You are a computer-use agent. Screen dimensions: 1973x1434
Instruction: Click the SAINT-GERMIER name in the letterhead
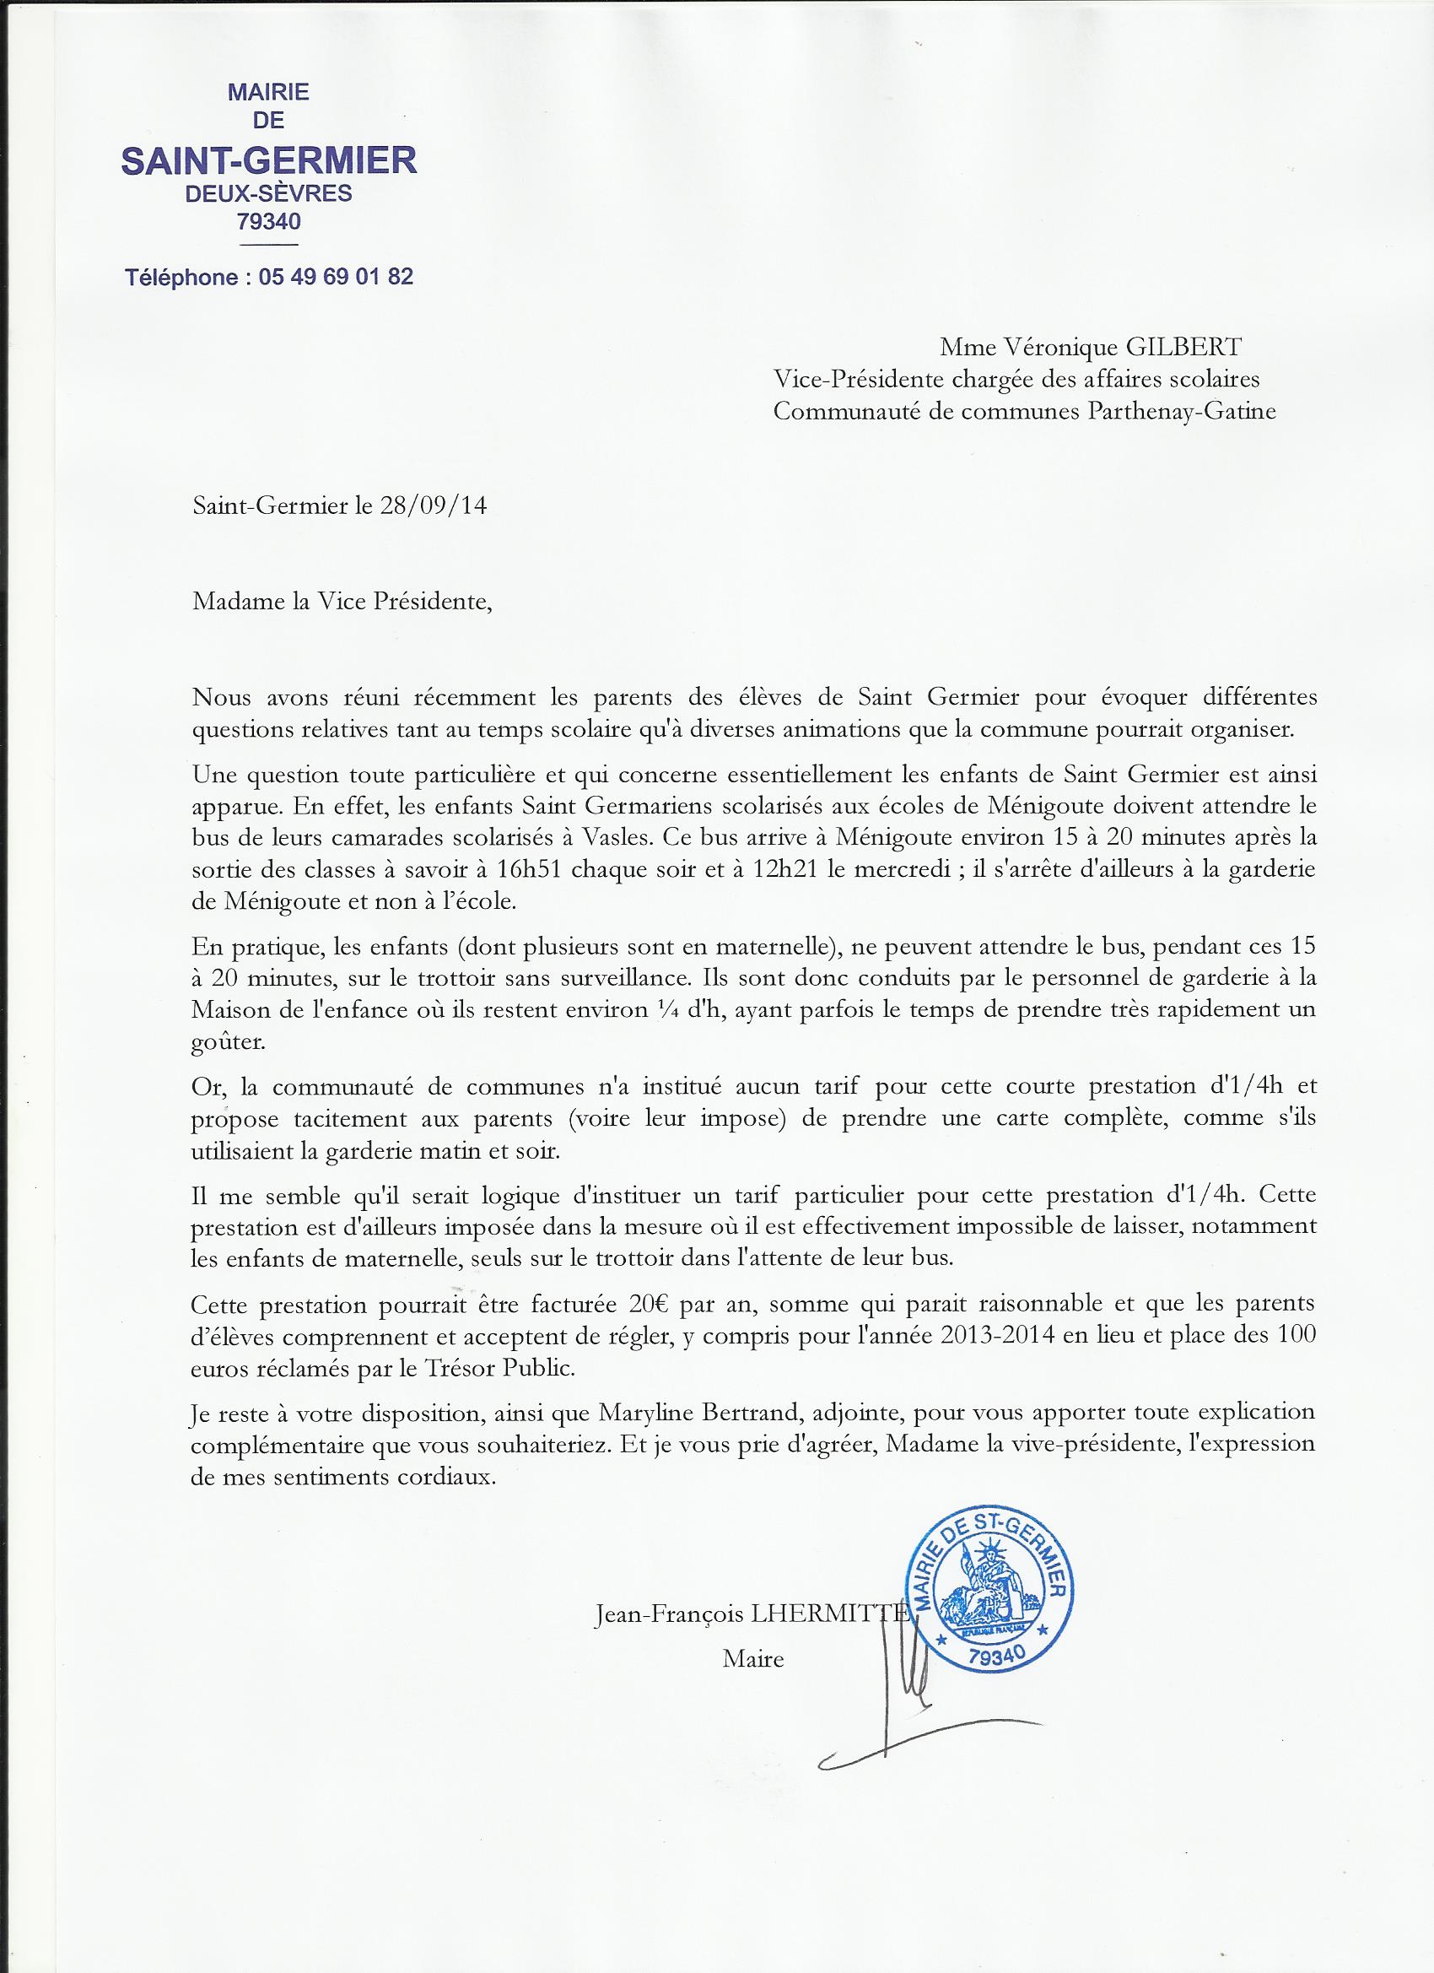(269, 161)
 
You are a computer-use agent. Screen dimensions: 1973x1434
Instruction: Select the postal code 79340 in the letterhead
(269, 222)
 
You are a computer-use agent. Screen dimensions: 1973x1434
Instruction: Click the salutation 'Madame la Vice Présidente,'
(342, 603)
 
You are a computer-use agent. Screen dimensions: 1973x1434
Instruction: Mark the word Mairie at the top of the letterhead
(269, 92)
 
